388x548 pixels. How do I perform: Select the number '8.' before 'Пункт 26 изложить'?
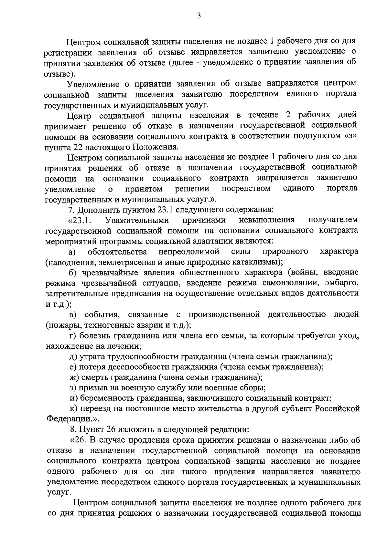[73, 429]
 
